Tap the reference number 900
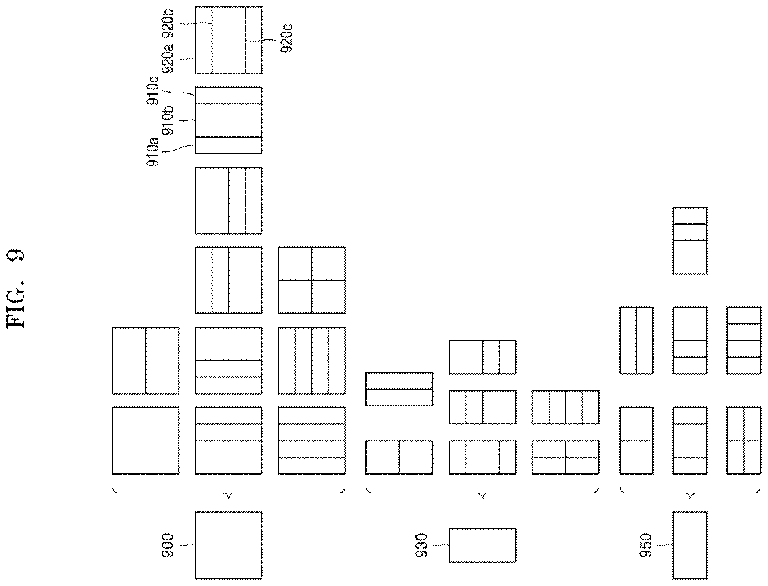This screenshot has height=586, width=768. click(168, 545)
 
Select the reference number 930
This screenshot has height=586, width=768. click(422, 545)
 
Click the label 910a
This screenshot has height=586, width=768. click(153, 152)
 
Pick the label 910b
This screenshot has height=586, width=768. click(168, 120)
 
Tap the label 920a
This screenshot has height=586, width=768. click(168, 59)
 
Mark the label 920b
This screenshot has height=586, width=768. click(168, 24)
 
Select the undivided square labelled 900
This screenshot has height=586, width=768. click(228, 545)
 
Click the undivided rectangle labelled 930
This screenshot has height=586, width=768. click(482, 545)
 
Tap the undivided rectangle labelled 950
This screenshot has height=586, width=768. click(690, 545)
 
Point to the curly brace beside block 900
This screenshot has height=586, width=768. click(228, 493)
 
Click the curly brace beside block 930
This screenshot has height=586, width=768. click(482, 493)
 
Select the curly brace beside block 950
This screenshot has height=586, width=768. click(690, 493)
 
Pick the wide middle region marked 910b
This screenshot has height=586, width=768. click(228, 120)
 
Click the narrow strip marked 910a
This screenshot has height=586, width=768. click(228, 145)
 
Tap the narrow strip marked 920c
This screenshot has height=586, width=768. click(254, 40)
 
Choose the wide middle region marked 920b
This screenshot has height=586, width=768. click(228, 40)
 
